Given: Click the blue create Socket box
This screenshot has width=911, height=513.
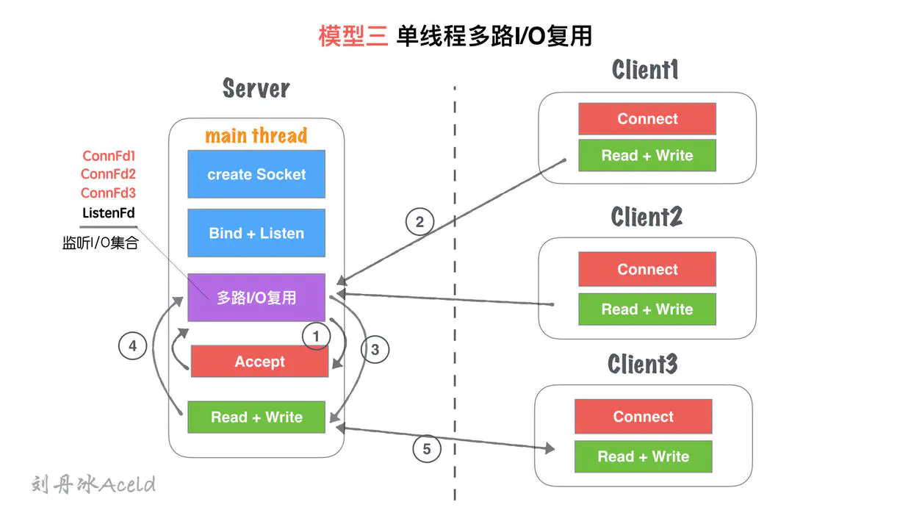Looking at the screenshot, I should click(256, 174).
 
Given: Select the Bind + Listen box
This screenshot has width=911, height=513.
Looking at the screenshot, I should click(256, 233).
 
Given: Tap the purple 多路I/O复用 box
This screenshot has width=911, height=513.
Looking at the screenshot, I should click(256, 298).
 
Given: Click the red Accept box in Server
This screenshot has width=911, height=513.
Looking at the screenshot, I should click(259, 362).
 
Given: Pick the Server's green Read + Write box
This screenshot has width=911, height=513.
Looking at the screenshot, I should click(256, 417).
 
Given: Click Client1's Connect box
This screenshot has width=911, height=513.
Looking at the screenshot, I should click(647, 119).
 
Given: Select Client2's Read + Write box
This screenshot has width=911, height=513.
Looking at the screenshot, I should click(647, 309).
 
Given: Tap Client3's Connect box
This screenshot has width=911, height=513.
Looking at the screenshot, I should click(643, 417).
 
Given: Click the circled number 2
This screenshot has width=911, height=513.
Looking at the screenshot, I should click(420, 221).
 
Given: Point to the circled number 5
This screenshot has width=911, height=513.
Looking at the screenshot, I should click(427, 448).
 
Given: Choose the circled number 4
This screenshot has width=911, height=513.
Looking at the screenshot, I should click(132, 345).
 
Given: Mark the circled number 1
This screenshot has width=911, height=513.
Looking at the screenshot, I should click(317, 336).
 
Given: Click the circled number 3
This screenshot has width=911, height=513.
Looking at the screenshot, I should click(375, 350).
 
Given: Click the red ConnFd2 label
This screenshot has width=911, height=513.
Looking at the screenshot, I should click(108, 174).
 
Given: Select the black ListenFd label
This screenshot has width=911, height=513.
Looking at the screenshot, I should click(108, 212).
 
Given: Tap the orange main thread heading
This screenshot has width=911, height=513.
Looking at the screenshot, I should click(256, 136).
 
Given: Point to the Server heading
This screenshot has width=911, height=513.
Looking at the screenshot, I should click(256, 89).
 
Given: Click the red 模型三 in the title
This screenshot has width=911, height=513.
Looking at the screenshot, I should click(353, 36).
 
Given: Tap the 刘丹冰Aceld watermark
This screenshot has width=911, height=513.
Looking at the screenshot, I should click(93, 484).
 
